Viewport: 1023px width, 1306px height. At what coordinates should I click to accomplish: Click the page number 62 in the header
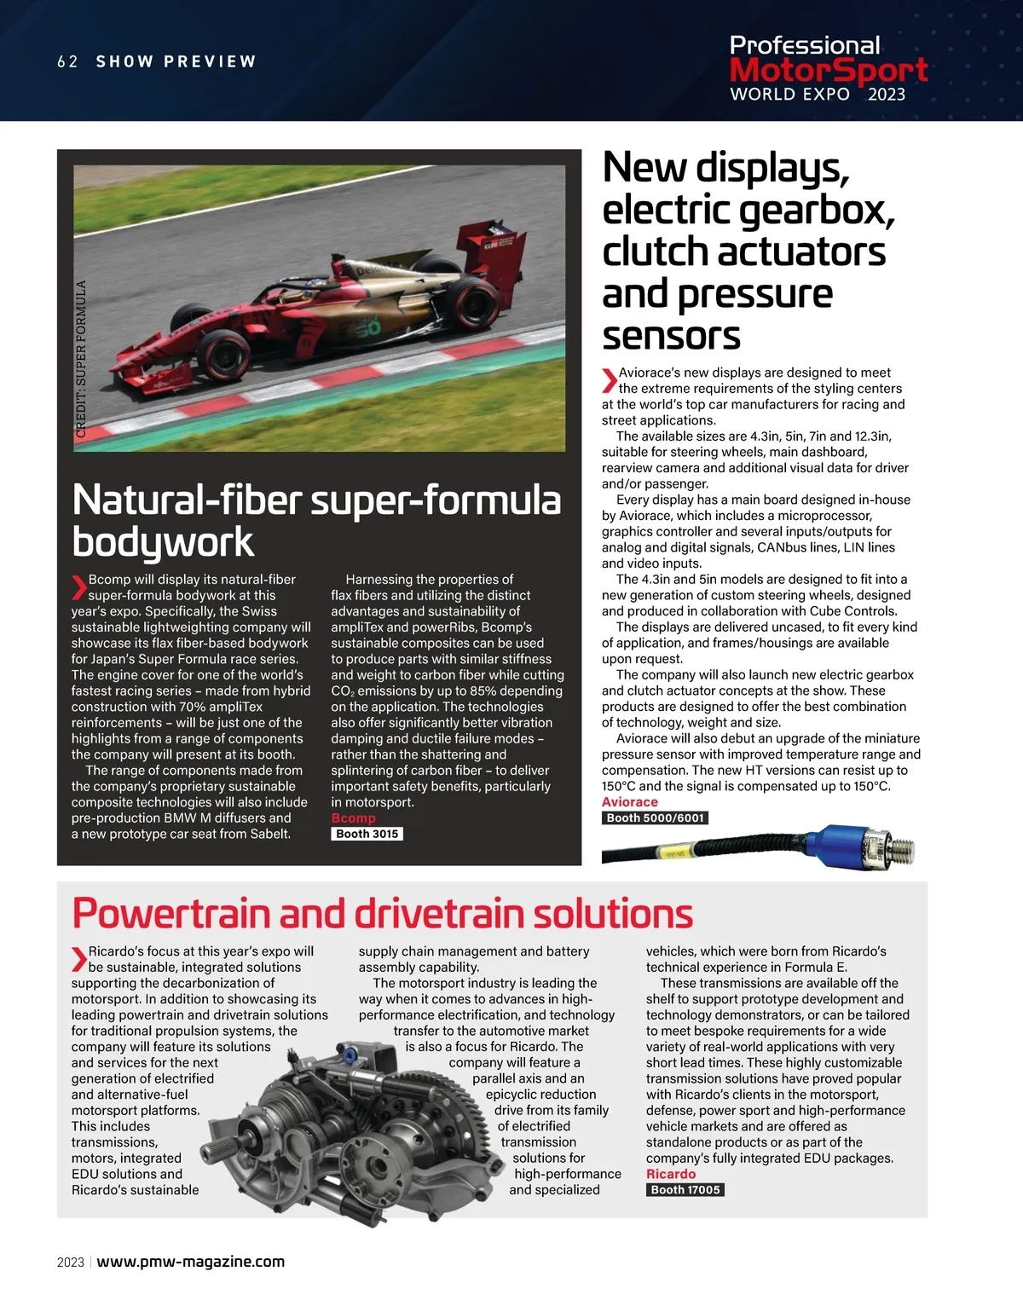[67, 61]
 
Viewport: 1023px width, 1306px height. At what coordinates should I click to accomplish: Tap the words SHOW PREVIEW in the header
[176, 61]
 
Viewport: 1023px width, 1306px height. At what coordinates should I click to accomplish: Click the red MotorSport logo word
[828, 70]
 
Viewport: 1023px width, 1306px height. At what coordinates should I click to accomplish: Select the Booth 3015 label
[367, 834]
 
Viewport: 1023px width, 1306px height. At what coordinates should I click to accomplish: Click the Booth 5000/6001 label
[655, 818]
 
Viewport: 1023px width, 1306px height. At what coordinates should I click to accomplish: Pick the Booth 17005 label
[685, 1189]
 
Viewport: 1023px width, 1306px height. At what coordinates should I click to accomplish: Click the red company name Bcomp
[353, 818]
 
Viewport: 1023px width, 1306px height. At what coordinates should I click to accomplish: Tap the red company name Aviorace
[629, 802]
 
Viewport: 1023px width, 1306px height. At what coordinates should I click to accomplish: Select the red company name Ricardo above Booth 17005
[670, 1174]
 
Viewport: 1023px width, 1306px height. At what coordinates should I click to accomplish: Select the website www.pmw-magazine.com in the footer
[190, 1262]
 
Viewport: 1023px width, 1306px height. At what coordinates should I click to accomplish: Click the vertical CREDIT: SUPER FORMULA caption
[81, 359]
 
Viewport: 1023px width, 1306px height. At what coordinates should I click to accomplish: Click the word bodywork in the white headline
[163, 542]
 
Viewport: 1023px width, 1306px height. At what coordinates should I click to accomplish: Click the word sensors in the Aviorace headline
[671, 335]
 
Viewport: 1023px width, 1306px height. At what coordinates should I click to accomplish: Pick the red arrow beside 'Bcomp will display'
[78, 587]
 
